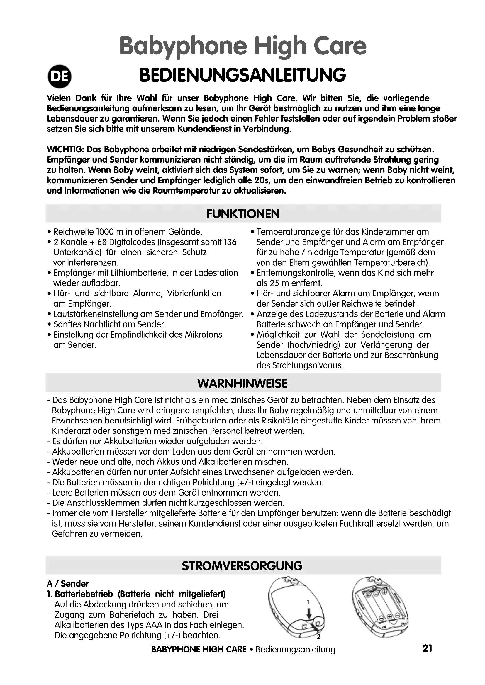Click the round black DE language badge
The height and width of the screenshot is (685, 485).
(x=60, y=76)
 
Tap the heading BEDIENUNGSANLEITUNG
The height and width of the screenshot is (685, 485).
(x=242, y=75)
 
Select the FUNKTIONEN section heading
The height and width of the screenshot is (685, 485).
(x=243, y=213)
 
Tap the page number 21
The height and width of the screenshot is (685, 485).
(x=427, y=648)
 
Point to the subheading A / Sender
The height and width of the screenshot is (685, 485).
(x=68, y=584)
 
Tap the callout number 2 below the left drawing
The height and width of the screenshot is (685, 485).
(x=319, y=637)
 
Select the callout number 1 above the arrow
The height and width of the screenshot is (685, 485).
(x=308, y=602)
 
